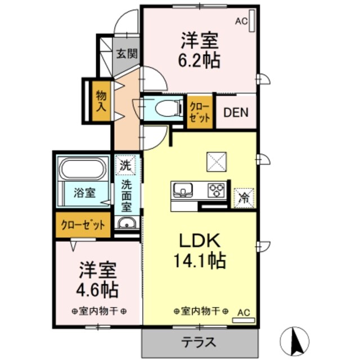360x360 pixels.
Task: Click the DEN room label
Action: tap(236, 111)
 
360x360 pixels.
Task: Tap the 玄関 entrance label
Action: tap(127, 55)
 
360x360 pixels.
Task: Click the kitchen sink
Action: tap(183, 190)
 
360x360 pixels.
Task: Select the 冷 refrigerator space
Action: tap(244, 197)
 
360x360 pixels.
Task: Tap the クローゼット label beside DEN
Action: tap(200, 112)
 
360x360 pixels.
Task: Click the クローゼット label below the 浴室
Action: tap(84, 226)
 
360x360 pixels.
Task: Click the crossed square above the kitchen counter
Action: tap(216, 163)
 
